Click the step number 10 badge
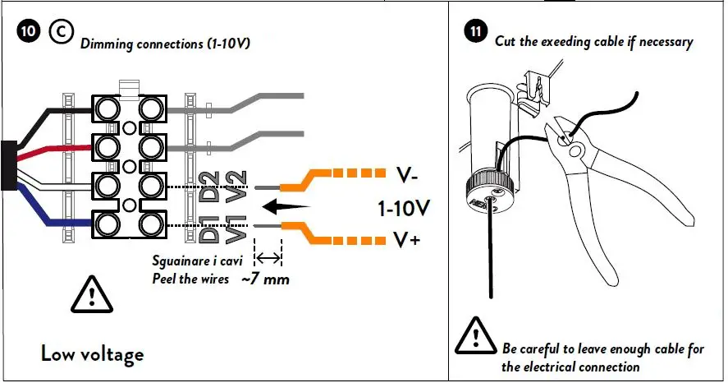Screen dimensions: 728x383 pyautogui.click(x=29, y=31)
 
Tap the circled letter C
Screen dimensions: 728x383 pyautogui.click(x=62, y=31)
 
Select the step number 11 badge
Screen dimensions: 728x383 pyautogui.click(x=475, y=31)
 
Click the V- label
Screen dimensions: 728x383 pyautogui.click(x=407, y=176)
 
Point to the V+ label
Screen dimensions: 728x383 pyautogui.click(x=407, y=240)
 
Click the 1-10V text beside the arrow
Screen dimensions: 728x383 pyautogui.click(x=404, y=208)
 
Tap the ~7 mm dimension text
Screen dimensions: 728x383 pyautogui.click(x=266, y=279)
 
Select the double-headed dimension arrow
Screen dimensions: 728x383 pyautogui.click(x=268, y=258)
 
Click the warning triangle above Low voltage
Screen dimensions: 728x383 pyautogui.click(x=92, y=294)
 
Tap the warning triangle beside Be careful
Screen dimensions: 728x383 pyautogui.click(x=476, y=335)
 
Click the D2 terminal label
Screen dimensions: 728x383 pyautogui.click(x=209, y=187)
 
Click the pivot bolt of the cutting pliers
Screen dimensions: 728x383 pyautogui.click(x=575, y=150)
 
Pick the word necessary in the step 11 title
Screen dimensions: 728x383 pyautogui.click(x=666, y=42)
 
